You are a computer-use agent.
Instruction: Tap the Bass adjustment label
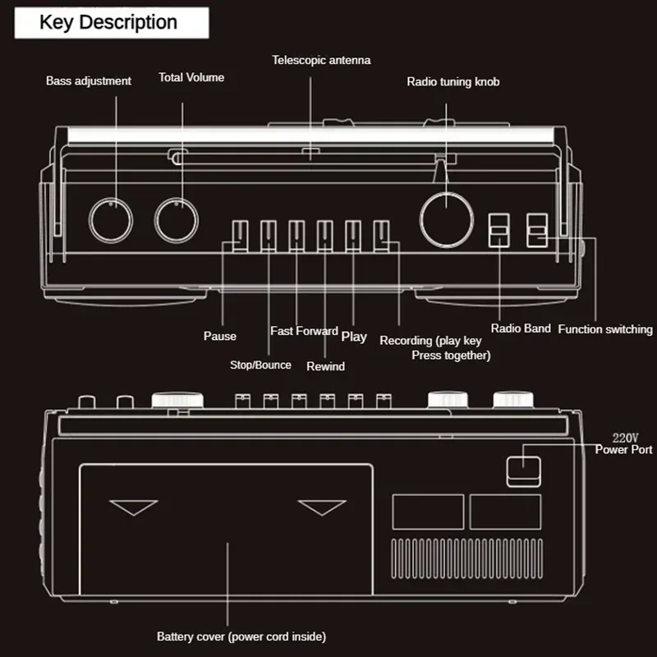pyautogui.click(x=89, y=81)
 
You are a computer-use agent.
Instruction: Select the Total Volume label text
pyautogui.click(x=191, y=78)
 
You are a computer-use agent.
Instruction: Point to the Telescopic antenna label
pyautogui.click(x=321, y=60)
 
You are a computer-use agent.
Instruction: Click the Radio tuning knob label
pyautogui.click(x=453, y=82)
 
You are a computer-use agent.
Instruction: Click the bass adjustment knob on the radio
pyautogui.click(x=111, y=220)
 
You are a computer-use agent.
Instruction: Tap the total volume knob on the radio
pyautogui.click(x=177, y=220)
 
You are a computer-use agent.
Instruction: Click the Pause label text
pyautogui.click(x=220, y=336)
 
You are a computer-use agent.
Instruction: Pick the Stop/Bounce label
pyautogui.click(x=260, y=365)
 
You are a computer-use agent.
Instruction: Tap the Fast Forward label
pyautogui.click(x=304, y=331)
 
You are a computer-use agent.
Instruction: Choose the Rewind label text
pyautogui.click(x=326, y=366)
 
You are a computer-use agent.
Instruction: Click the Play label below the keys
pyautogui.click(x=354, y=336)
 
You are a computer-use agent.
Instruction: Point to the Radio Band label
pyautogui.click(x=521, y=328)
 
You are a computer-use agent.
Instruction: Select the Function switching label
pyautogui.click(x=605, y=329)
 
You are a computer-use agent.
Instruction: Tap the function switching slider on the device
pyautogui.click(x=537, y=231)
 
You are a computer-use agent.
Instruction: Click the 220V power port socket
pyautogui.click(x=523, y=471)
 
